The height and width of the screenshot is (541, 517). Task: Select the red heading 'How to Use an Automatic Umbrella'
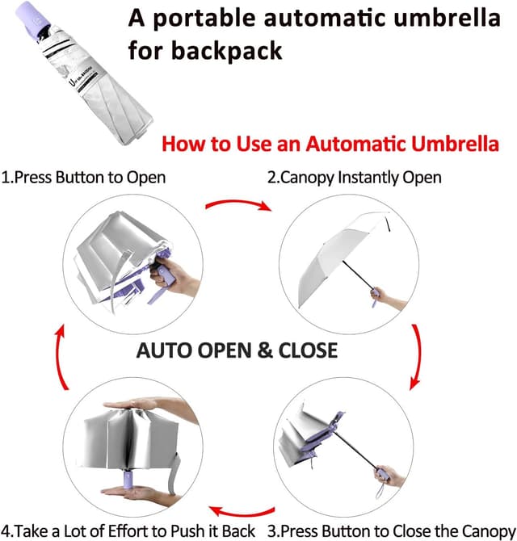click(x=330, y=145)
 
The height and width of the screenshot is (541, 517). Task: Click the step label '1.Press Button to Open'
click(x=84, y=177)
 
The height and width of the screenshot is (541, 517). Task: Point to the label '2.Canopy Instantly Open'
click(x=355, y=177)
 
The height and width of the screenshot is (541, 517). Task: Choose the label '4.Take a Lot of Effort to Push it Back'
click(x=129, y=531)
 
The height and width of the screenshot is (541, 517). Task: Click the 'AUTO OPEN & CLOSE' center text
click(x=237, y=351)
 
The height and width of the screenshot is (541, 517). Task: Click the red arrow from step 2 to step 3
click(x=416, y=356)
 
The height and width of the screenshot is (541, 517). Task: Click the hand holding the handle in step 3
click(x=393, y=476)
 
